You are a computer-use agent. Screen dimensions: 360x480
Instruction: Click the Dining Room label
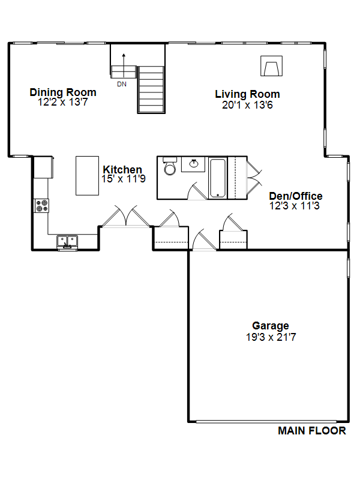click(x=63, y=92)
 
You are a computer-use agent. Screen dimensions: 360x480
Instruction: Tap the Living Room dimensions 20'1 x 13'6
click(x=247, y=105)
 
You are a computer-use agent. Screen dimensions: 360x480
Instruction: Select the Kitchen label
click(x=122, y=169)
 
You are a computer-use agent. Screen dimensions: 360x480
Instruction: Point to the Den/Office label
click(x=296, y=196)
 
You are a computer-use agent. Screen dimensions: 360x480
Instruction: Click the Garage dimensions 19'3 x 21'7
click(x=271, y=337)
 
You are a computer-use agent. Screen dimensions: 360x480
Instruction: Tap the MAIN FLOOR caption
click(x=311, y=431)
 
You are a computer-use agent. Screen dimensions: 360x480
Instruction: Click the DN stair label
click(x=122, y=84)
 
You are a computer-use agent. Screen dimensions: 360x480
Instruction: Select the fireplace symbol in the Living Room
click(x=271, y=66)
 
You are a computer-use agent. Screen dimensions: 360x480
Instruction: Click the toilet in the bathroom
click(x=170, y=166)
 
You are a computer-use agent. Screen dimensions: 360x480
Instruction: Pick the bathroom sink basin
click(x=193, y=164)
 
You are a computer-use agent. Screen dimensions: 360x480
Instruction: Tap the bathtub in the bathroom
click(x=218, y=178)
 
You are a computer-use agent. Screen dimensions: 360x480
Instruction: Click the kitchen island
click(x=87, y=176)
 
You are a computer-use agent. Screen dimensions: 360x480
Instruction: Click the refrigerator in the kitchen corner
click(x=43, y=167)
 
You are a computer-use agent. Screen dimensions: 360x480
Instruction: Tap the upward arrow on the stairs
click(x=124, y=65)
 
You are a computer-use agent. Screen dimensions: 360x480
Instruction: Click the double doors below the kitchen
click(x=125, y=217)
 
